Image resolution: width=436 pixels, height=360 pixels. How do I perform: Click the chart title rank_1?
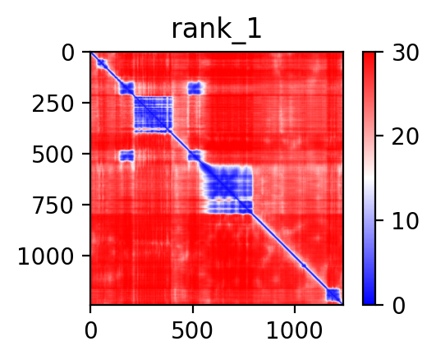tap(216, 30)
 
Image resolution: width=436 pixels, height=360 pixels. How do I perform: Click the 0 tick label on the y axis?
tap(67, 53)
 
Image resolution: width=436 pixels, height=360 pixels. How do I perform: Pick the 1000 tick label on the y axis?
tap(46, 256)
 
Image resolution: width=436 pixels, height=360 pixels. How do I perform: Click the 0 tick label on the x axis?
tap(90, 330)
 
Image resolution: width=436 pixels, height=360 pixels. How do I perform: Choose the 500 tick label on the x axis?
tap(192, 330)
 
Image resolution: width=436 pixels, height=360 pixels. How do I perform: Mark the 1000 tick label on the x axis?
tap(295, 330)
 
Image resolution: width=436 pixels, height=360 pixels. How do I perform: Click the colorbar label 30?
tap(405, 53)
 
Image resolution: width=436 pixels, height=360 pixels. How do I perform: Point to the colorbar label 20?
tap(405, 137)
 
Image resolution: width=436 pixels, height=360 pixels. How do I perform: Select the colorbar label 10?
tap(405, 222)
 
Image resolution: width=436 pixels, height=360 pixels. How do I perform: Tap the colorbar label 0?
tap(398, 306)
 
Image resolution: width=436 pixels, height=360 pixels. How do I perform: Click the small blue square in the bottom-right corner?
tap(333, 294)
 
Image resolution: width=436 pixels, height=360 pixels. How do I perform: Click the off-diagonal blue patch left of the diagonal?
tap(126, 155)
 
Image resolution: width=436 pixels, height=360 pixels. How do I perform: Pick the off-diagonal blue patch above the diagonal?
tap(195, 88)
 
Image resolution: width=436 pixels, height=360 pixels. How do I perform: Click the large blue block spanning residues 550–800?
tap(228, 190)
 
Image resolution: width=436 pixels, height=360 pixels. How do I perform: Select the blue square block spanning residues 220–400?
tap(154, 114)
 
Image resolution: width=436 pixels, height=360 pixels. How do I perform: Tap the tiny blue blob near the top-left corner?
tap(102, 63)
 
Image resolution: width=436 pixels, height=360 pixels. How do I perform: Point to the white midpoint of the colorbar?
tap(369, 178)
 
